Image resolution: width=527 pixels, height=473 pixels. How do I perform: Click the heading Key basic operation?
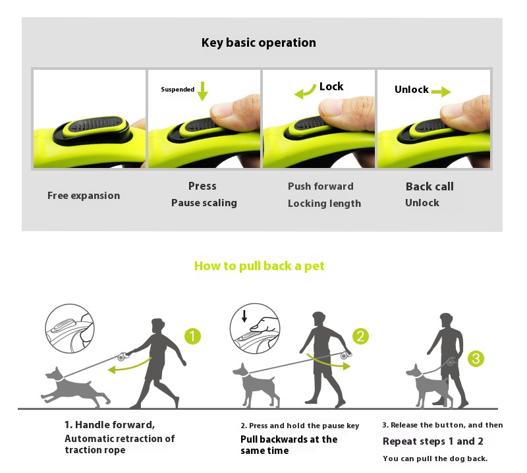[x=258, y=43]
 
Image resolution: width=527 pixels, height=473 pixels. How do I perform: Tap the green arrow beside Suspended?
[x=202, y=91]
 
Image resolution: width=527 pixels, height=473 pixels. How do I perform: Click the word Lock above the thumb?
[x=331, y=87]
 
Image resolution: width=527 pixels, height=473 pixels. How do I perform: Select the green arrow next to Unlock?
[x=441, y=92]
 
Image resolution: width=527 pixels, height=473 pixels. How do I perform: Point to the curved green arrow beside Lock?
[x=306, y=92]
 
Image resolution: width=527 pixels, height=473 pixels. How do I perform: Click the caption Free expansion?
[x=84, y=196]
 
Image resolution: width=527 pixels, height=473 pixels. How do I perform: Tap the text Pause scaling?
[x=204, y=203]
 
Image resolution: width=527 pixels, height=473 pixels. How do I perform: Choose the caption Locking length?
[x=324, y=204]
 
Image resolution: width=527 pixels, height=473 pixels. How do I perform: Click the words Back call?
[x=430, y=186]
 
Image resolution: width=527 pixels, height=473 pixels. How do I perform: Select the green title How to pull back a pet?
[x=259, y=266]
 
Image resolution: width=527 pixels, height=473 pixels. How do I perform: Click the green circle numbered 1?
[x=192, y=336]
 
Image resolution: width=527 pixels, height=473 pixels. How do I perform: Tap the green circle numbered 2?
[x=360, y=336]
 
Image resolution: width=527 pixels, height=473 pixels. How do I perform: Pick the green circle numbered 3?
[x=476, y=358]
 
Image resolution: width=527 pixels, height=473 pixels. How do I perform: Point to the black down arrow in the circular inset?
[x=244, y=316]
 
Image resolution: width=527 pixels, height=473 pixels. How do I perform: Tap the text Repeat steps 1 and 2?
[x=433, y=441]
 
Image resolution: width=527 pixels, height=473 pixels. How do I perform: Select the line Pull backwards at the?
[x=289, y=439]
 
